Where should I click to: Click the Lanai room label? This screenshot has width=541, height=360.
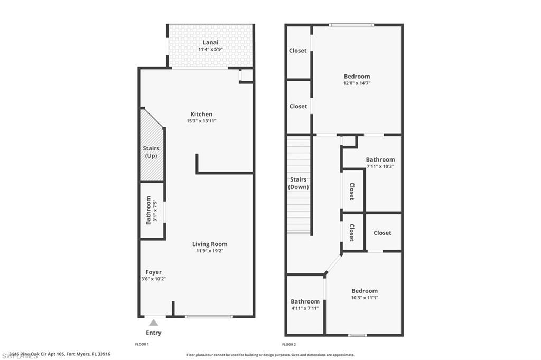pyautogui.click(x=210, y=42)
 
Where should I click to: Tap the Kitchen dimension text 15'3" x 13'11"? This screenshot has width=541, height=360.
pyautogui.click(x=201, y=121)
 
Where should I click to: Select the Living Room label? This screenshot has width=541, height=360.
pyautogui.click(x=210, y=244)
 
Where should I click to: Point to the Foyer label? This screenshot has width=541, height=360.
pyautogui.click(x=154, y=272)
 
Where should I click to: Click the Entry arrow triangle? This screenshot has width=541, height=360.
pyautogui.click(x=153, y=322)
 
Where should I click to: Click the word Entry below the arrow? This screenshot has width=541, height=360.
pyautogui.click(x=154, y=333)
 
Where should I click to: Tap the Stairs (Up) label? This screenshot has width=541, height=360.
pyautogui.click(x=151, y=152)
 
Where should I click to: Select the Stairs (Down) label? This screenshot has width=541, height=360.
pyautogui.click(x=299, y=183)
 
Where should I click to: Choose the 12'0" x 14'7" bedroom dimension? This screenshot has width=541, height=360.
pyautogui.click(x=357, y=83)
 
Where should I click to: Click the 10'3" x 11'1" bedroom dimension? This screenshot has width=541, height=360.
pyautogui.click(x=365, y=298)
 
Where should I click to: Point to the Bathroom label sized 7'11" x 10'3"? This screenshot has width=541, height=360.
pyautogui.click(x=380, y=159)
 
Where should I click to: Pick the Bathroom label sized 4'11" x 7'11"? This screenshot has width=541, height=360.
pyautogui.click(x=305, y=301)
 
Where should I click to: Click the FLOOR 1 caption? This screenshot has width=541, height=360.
pyautogui.click(x=142, y=344)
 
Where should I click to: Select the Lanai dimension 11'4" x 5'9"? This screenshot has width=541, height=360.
pyautogui.click(x=210, y=49)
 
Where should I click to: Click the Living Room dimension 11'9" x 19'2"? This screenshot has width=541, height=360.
pyautogui.click(x=210, y=251)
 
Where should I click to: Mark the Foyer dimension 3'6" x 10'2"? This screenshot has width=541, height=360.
pyautogui.click(x=154, y=279)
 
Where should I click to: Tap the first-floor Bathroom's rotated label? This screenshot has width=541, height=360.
pyautogui.click(x=148, y=210)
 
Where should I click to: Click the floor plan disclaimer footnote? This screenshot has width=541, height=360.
pyautogui.click(x=270, y=355)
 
